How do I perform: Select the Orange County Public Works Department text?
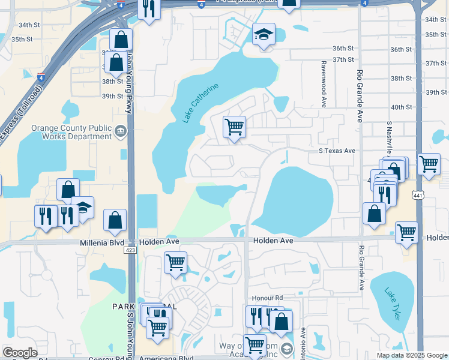tap(72, 132)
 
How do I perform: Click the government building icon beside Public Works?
tap(121, 131)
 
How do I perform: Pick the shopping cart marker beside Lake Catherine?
tap(234, 127)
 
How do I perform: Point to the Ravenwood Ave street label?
tap(323, 83)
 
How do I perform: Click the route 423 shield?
tap(130, 250)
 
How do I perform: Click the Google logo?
tap(20, 353)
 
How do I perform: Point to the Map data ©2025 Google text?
tap(411, 355)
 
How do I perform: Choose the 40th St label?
tap(402, 107)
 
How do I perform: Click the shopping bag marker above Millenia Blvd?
tap(114, 220)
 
